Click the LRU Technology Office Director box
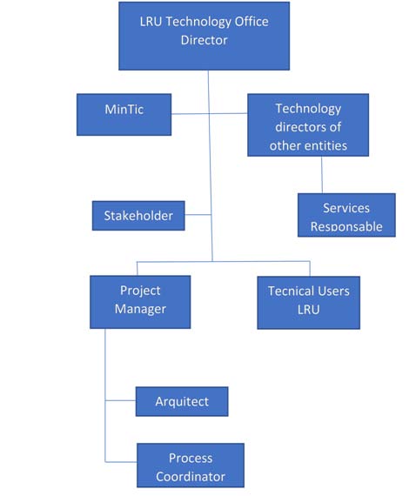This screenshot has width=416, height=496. click(204, 36)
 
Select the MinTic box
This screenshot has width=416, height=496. click(124, 115)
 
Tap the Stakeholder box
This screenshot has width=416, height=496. click(138, 216)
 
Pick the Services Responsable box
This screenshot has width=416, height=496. click(346, 215)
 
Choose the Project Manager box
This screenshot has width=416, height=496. click(140, 302)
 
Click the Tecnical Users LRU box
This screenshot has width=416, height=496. click(308, 303)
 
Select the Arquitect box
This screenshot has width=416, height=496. click(182, 401)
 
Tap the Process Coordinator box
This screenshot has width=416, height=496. click(191, 466)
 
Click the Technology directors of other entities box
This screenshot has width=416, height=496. click(308, 125)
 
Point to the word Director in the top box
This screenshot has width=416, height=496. click(204, 40)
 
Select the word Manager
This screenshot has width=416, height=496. click(140, 309)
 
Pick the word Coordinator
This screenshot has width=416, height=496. click(191, 477)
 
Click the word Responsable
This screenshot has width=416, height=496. click(346, 226)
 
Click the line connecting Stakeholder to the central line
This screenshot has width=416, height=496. click(198, 215)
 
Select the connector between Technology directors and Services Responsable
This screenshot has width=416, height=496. click(322, 175)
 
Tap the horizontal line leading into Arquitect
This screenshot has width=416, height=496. click(120, 400)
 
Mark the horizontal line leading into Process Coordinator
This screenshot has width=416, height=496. click(121, 462)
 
